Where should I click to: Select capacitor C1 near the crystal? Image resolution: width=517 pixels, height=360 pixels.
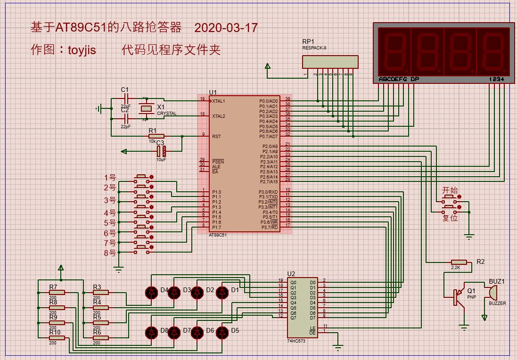(125, 99)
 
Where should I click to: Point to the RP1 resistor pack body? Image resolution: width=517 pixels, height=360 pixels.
(330, 62)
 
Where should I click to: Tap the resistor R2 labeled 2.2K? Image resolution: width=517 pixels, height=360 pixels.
(459, 262)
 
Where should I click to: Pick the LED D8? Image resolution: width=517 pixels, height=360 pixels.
(151, 333)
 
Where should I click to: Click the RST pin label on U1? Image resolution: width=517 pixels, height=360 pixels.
(216, 137)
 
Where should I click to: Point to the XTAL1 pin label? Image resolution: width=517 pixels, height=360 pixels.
(219, 101)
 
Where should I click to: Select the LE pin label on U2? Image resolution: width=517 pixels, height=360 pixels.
(312, 327)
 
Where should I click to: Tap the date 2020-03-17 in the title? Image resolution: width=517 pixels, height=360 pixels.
(226, 28)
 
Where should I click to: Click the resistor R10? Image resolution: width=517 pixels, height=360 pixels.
(57, 337)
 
